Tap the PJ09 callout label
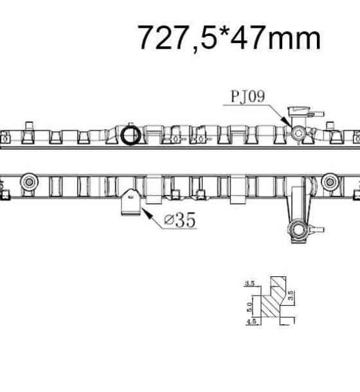tap(248, 96)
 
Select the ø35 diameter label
tap(179, 220)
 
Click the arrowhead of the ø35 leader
tap(148, 213)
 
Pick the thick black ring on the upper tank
tap(130, 135)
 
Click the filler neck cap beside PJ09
tap(299, 111)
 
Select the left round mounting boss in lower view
tap(30, 182)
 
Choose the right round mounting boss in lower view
tap(330, 182)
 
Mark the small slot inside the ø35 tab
tap(131, 197)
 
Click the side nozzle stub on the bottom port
tap(318, 229)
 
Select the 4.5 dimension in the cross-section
tap(251, 321)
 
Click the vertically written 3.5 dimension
tap(291, 295)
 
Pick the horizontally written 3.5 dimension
tap(249, 283)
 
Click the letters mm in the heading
tap(294, 39)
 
